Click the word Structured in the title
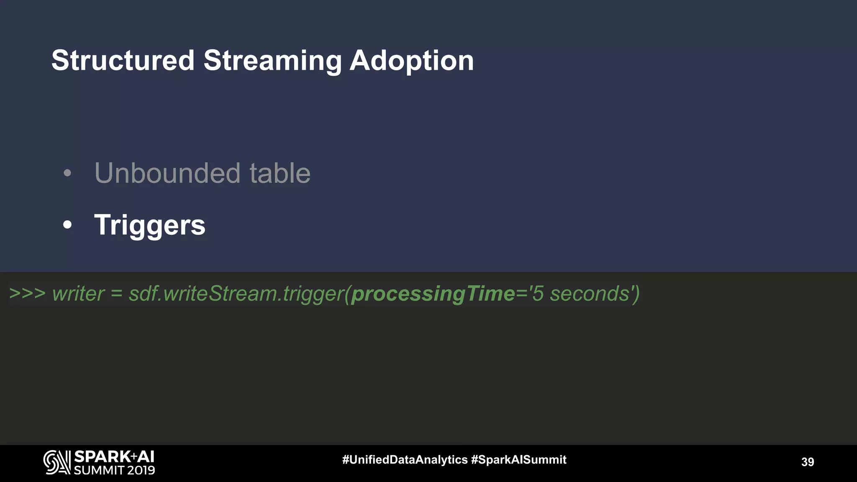[x=123, y=61]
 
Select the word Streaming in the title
[x=272, y=61]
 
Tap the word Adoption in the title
[x=411, y=61]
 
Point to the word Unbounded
[x=167, y=173]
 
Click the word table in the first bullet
[x=280, y=173]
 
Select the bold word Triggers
[x=150, y=225]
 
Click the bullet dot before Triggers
[x=67, y=225]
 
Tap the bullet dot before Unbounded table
[x=67, y=173]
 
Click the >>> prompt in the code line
[x=27, y=293]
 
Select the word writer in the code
[x=78, y=294]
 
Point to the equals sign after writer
[x=116, y=294]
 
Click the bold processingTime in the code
[x=433, y=294]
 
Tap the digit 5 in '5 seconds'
[x=538, y=294]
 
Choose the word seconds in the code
[x=589, y=294]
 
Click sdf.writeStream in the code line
[x=203, y=294]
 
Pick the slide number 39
[x=807, y=462]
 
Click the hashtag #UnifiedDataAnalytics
[x=405, y=460]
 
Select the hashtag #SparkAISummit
[x=518, y=460]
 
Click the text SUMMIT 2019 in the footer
[x=114, y=470]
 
